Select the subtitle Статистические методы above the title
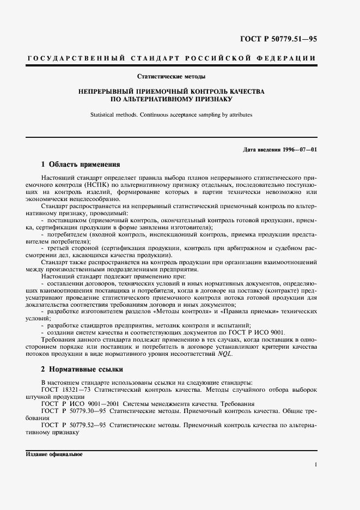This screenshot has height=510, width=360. point(171,77)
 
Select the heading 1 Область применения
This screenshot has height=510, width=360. point(81,164)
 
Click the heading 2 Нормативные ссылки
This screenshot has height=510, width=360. point(82,369)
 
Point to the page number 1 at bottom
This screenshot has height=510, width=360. point(315,464)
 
